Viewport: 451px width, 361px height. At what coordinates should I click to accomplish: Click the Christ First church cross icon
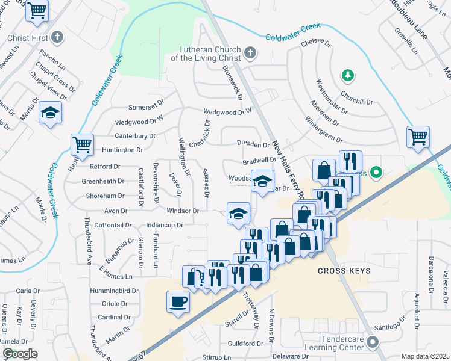click(x=57, y=38)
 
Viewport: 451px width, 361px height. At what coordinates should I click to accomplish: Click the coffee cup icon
click(x=178, y=301)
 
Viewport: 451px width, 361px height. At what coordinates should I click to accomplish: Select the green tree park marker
click(x=347, y=75)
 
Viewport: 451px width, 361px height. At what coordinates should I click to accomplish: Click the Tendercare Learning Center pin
click(x=372, y=344)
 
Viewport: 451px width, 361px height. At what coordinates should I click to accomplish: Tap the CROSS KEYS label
click(x=344, y=271)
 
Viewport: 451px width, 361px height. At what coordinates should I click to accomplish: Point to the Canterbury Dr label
click(x=135, y=136)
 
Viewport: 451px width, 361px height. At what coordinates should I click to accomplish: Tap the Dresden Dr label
click(x=253, y=145)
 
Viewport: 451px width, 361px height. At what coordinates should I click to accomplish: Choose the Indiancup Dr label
click(x=156, y=225)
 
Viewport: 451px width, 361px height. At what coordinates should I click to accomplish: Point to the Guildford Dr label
click(x=245, y=344)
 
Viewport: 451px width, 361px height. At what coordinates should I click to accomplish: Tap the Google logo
click(x=20, y=354)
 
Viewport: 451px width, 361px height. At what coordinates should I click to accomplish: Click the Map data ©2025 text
click(x=425, y=356)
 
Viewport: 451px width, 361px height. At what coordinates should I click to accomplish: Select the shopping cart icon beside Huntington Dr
click(x=82, y=144)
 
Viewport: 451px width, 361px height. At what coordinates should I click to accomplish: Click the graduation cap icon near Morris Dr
click(x=51, y=113)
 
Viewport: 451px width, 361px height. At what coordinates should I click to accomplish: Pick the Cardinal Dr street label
click(x=114, y=317)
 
